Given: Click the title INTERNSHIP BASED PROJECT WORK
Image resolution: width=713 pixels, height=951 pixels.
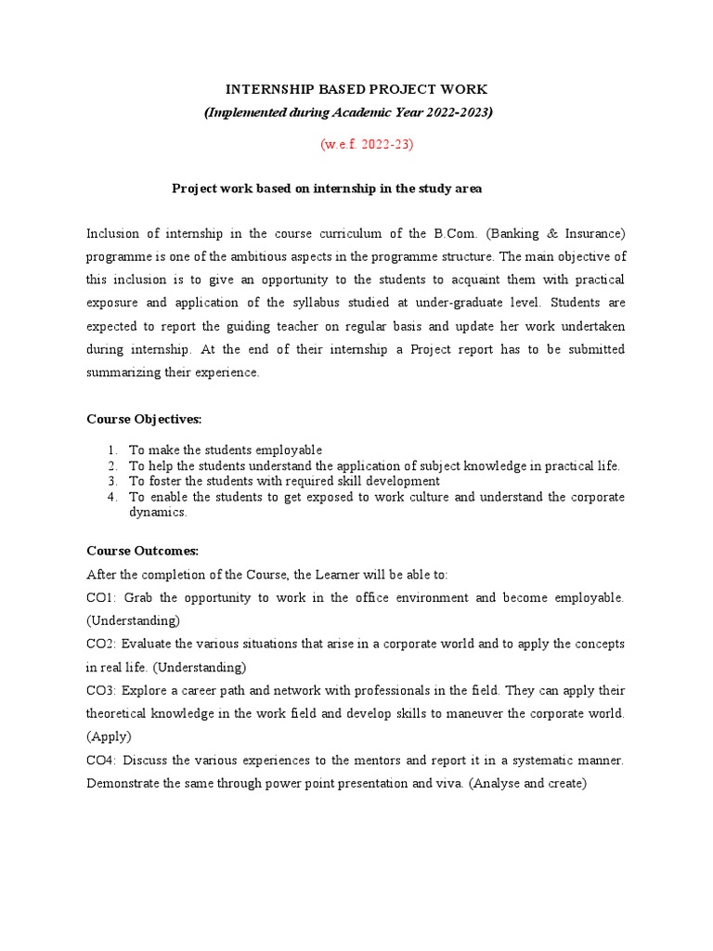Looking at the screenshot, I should [x=356, y=89].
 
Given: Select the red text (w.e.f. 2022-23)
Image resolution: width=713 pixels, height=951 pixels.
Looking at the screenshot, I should [x=356, y=144].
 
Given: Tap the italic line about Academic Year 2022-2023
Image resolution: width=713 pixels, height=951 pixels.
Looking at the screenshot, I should [x=348, y=112].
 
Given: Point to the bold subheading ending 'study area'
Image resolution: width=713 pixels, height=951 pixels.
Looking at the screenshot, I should [x=327, y=189].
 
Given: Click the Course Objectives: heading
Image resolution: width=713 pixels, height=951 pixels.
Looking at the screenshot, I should [x=144, y=420].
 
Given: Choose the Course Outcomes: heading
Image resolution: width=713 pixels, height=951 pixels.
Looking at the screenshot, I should [x=142, y=551].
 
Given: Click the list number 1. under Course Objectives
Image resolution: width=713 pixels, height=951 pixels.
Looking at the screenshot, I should [x=112, y=450].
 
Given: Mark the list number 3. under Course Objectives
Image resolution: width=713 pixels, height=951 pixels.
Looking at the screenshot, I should [x=112, y=482].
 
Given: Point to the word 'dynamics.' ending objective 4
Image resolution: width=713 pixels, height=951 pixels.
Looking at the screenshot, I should [x=158, y=513].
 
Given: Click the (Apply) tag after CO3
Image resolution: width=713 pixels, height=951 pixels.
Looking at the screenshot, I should [x=110, y=737].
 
